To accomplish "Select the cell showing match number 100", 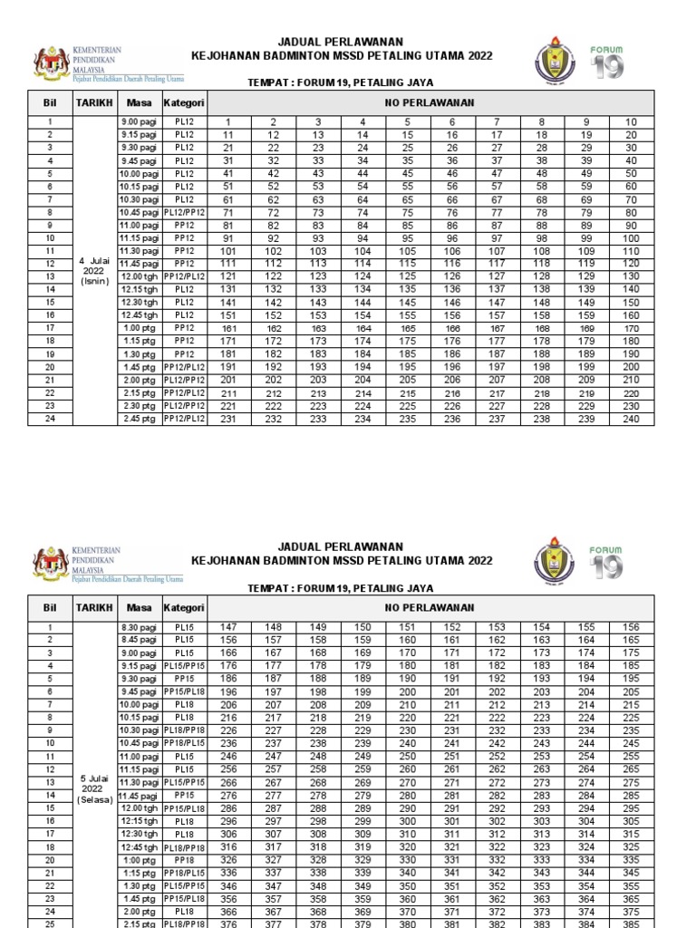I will [x=631, y=237].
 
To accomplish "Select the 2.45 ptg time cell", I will [x=140, y=419].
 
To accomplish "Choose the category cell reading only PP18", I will [x=185, y=858].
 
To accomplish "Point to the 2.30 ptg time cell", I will [x=140, y=406].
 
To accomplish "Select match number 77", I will [x=497, y=211].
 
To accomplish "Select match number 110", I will [x=631, y=250].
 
